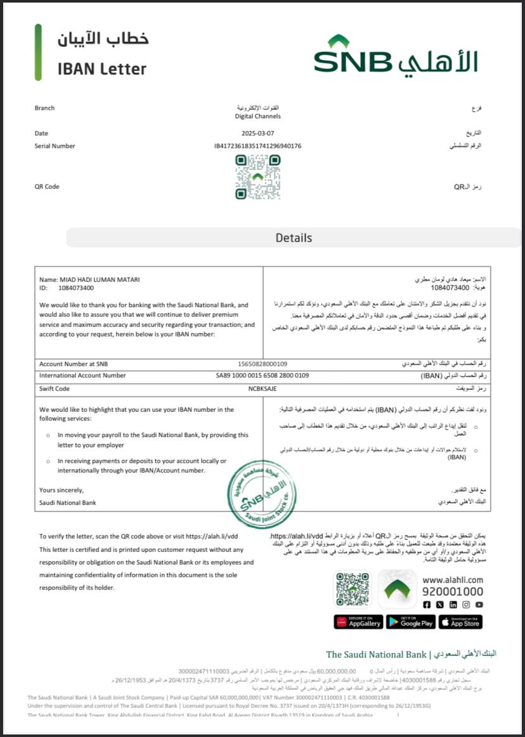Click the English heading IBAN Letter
[101, 68]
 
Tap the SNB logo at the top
[395, 54]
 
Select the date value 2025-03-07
[258, 133]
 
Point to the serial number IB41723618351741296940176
[257, 146]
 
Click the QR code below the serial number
[257, 177]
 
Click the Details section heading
[294, 238]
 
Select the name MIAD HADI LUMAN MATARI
[99, 279]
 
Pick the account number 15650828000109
[262, 364]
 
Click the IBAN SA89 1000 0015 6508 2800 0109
[262, 375]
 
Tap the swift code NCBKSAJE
[262, 388]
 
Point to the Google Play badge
[410, 622]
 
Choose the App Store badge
[460, 622]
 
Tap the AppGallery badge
[358, 622]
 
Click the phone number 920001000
[453, 591]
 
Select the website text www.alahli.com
[453, 579]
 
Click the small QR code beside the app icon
[353, 589]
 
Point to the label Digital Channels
[257, 116]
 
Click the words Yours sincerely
[62, 490]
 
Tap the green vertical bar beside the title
[38, 53]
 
